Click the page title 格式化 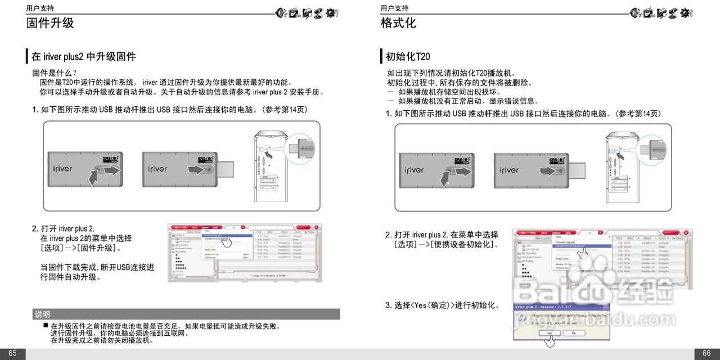pyautogui.click(x=398, y=23)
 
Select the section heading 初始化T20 pyautogui.click(x=408, y=56)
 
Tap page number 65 pyautogui.click(x=12, y=353)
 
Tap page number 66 pyautogui.click(x=706, y=353)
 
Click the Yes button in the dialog pyautogui.click(x=549, y=333)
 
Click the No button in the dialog pyautogui.click(x=573, y=333)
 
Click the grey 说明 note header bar pyautogui.click(x=186, y=314)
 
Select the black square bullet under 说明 pyautogui.click(x=46, y=326)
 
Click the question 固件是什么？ pyautogui.click(x=55, y=73)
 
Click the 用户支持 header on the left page pyautogui.click(x=40, y=8)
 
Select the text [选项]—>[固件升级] pyautogui.click(x=80, y=248)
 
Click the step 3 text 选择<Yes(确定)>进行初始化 pyautogui.click(x=442, y=305)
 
